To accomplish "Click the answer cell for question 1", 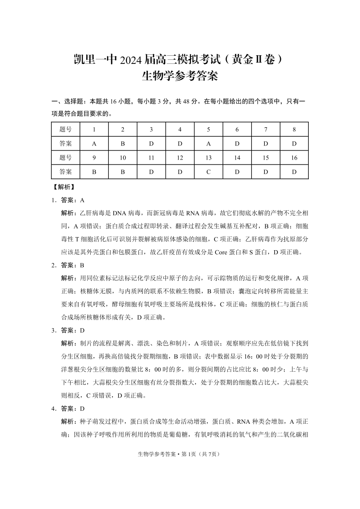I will coord(94,144).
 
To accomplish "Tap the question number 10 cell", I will coord(123,158).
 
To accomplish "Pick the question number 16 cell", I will coord(294,158).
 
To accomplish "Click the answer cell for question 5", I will coord(209,144).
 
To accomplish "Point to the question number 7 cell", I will coord(266,129).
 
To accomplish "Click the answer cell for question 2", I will coord(123,144).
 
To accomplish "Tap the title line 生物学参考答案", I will coord(180,76).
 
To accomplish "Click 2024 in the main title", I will coord(131,59).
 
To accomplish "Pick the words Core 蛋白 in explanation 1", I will coord(228,252).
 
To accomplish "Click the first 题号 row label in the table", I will coord(66,129).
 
